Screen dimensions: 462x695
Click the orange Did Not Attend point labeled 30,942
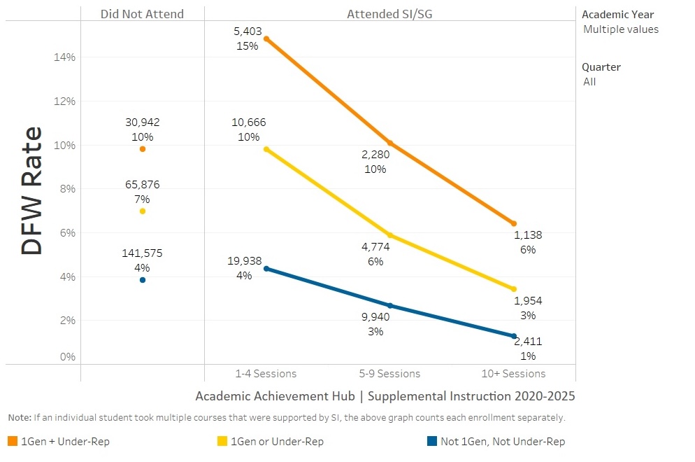(143, 149)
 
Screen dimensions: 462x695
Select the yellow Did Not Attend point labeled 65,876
(143, 211)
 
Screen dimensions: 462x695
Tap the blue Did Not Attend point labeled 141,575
(143, 280)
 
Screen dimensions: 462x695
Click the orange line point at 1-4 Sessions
(266, 38)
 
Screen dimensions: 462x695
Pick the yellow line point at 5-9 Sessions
(390, 235)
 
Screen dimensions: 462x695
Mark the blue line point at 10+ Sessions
(514, 336)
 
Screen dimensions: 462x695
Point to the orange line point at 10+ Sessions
(514, 223)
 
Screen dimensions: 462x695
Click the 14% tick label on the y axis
(64, 57)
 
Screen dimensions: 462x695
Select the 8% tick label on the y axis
(66, 189)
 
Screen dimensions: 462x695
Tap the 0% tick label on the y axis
(66, 357)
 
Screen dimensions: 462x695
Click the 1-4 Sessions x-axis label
(266, 374)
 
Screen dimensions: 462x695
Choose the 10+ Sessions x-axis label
(514, 374)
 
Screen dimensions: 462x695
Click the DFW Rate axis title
(32, 190)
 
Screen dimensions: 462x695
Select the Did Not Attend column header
(142, 14)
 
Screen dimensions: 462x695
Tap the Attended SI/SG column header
(390, 14)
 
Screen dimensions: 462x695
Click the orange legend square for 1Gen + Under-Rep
(13, 442)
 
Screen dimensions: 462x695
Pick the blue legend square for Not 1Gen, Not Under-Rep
(431, 442)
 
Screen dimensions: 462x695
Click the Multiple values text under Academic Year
(621, 29)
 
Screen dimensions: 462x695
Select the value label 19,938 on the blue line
(244, 261)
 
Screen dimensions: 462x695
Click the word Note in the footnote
(19, 418)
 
